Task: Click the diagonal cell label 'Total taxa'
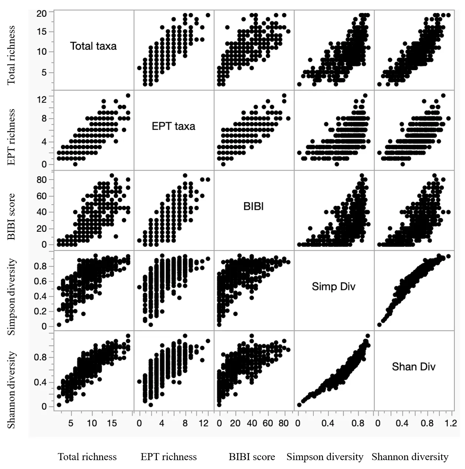point(93,46)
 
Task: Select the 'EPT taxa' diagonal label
point(173,126)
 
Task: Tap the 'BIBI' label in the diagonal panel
point(253,206)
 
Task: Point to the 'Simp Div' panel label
point(333,287)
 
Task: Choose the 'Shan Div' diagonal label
point(414,367)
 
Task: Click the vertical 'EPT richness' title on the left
point(12,137)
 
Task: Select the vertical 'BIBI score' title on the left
point(12,217)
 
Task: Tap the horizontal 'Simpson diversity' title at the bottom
point(325,457)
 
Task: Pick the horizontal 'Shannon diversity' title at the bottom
point(410,457)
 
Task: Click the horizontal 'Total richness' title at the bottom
point(87,457)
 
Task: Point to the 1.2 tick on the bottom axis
point(451,423)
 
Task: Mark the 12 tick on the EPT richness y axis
point(42,99)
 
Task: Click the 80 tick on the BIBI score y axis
point(42,180)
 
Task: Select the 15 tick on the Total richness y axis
point(42,32)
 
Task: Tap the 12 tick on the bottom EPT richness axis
point(204,423)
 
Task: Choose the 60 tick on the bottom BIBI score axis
point(268,423)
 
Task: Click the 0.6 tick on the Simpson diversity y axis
point(40,281)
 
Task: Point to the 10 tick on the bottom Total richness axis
point(92,423)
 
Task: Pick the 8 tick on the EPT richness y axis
point(44,119)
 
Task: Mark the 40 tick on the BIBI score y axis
point(42,212)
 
